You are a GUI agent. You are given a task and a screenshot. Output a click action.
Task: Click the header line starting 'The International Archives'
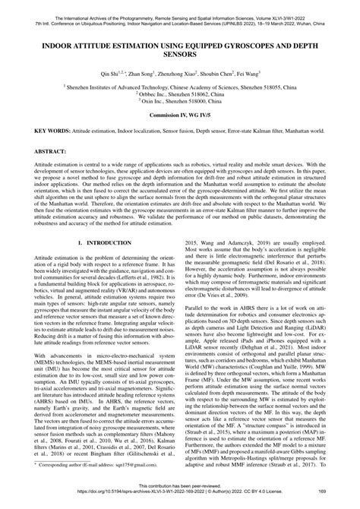(180, 8)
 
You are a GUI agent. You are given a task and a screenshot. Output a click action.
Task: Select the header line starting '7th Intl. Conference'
(180, 15)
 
